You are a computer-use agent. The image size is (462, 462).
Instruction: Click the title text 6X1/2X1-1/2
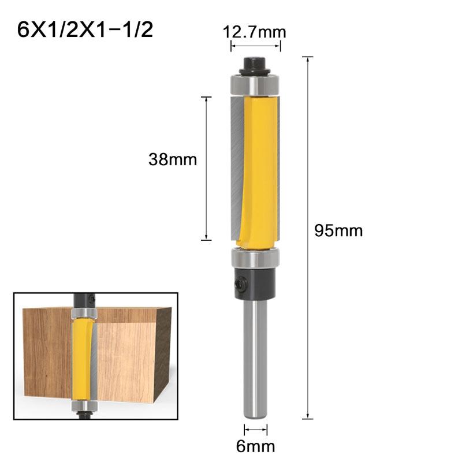pyautogui.click(x=85, y=29)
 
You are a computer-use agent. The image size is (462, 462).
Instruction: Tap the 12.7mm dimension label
pyautogui.click(x=255, y=32)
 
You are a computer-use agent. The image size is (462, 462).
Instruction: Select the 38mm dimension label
pyautogui.click(x=173, y=159)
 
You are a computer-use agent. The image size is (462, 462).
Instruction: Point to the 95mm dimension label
pyautogui.click(x=338, y=231)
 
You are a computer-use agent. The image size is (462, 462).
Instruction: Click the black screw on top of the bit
pyautogui.click(x=255, y=64)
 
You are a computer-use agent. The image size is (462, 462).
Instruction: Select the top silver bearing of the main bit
pyautogui.click(x=255, y=85)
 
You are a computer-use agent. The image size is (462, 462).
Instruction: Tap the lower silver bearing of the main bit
pyautogui.click(x=255, y=258)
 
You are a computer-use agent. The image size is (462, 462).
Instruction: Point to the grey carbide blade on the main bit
pyautogui.click(x=236, y=167)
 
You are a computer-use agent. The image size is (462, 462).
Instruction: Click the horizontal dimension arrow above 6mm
pyautogui.click(x=256, y=429)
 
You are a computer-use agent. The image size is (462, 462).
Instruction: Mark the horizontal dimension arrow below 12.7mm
pyautogui.click(x=255, y=47)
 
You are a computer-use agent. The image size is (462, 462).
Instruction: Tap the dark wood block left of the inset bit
pyautogui.click(x=46, y=352)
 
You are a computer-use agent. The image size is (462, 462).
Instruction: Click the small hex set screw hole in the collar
pyautogui.click(x=239, y=284)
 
